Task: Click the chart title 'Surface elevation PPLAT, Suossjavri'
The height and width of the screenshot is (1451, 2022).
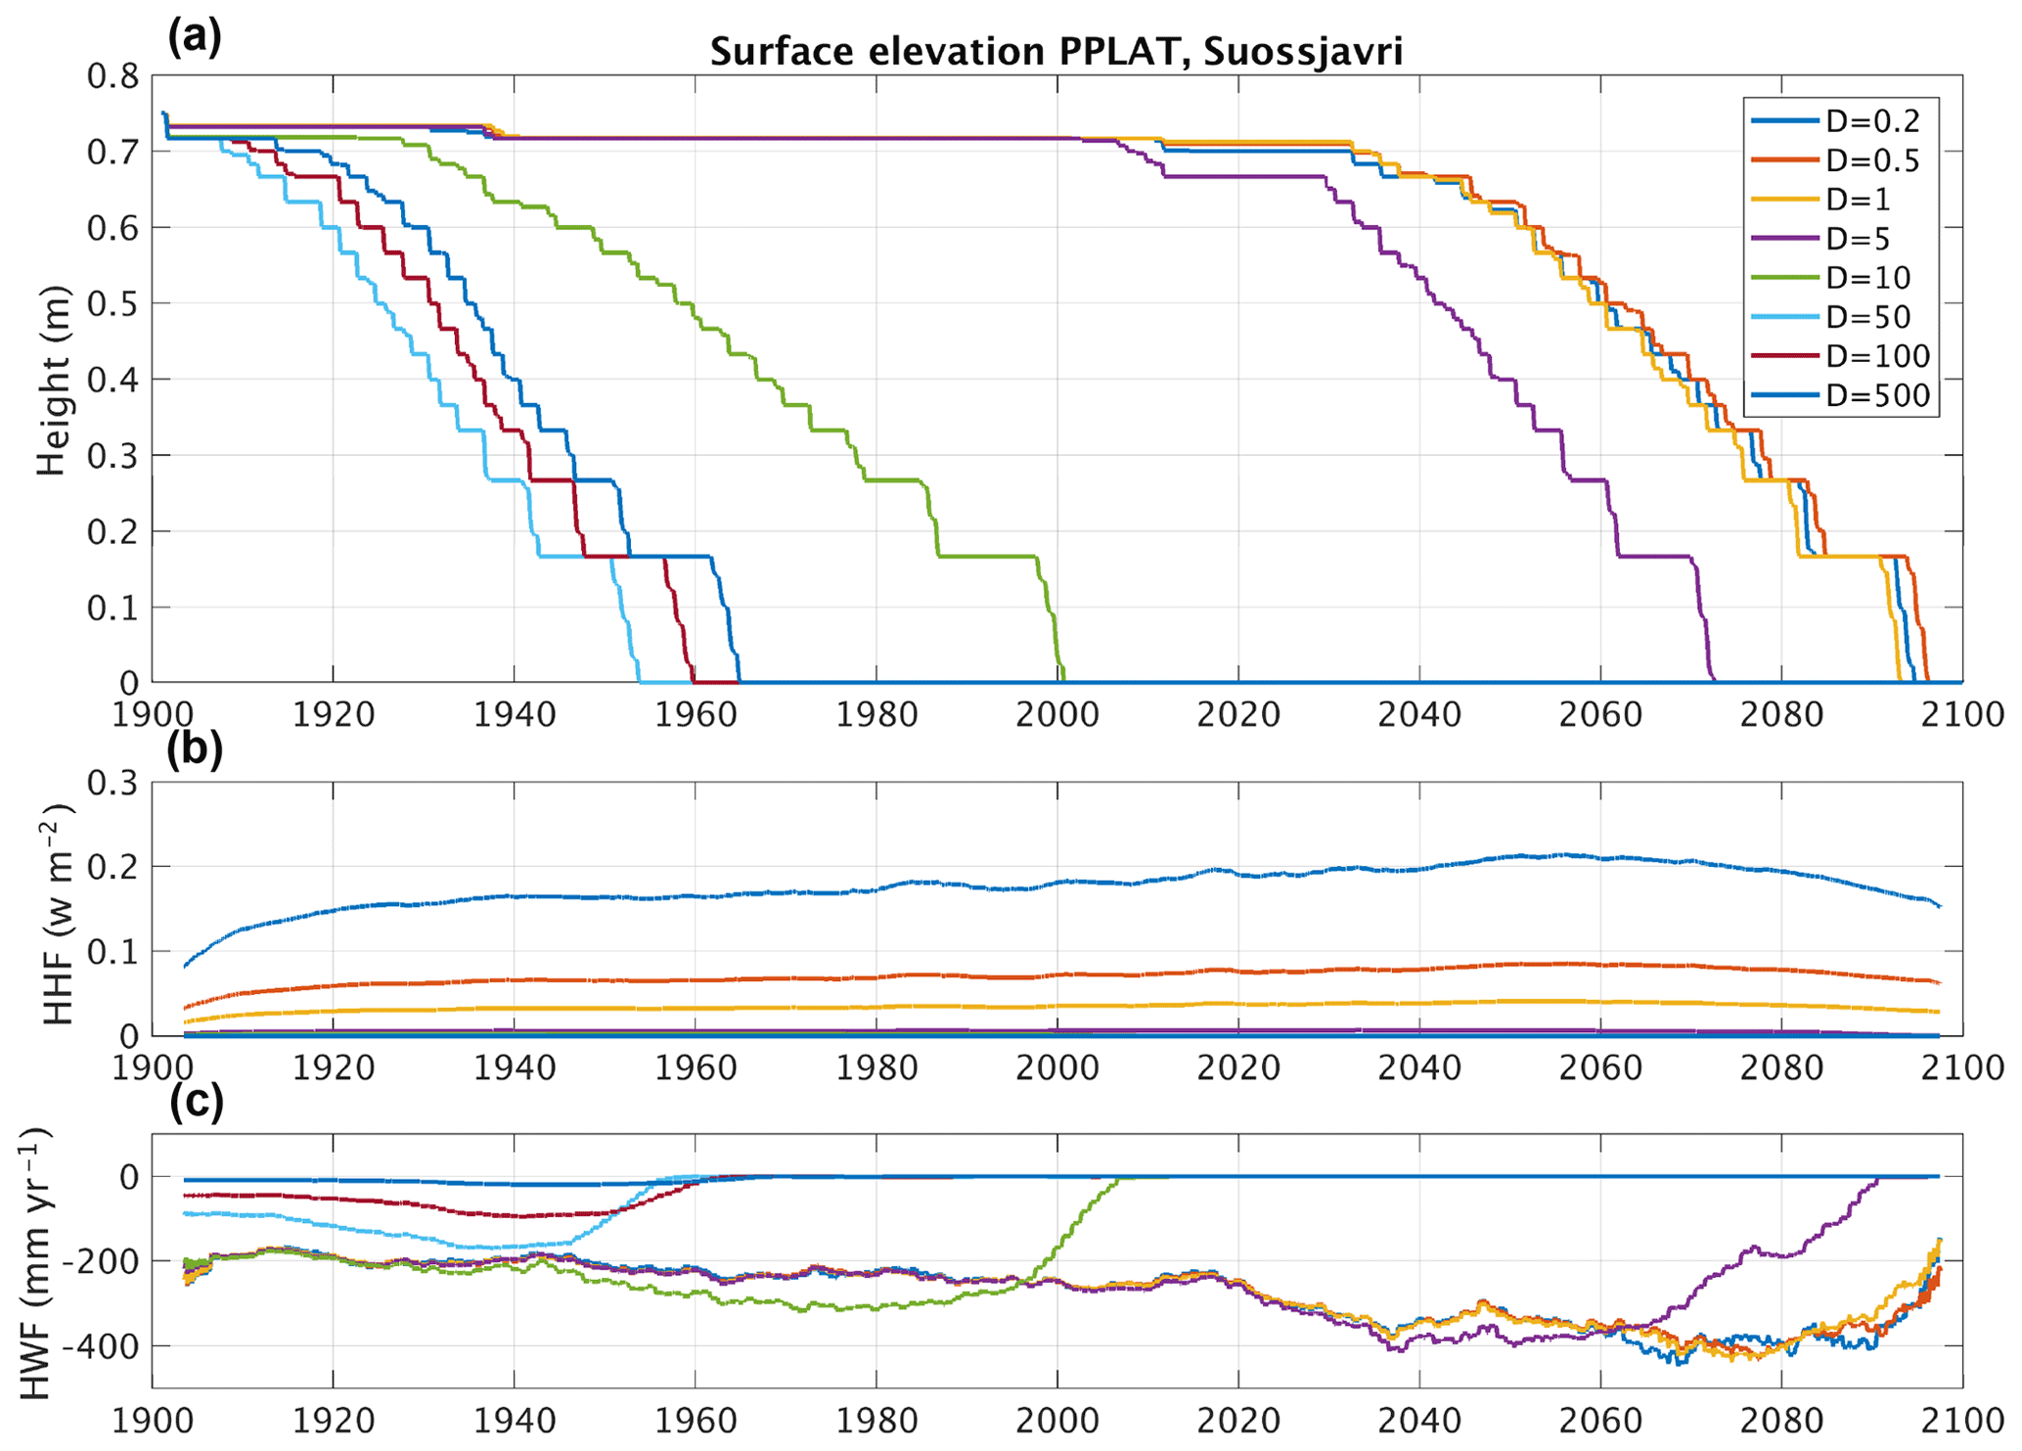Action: click(1056, 51)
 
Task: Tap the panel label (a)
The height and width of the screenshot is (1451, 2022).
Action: click(195, 36)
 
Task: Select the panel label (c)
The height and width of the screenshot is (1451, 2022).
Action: click(196, 1102)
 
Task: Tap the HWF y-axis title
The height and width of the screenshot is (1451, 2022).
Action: click(36, 1263)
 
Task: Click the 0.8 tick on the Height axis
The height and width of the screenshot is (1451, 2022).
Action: click(113, 76)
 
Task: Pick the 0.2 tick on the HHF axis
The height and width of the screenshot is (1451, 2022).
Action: click(113, 867)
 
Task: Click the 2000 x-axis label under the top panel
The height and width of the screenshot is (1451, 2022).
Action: click(1057, 715)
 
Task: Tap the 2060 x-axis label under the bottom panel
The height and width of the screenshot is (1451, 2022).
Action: click(1600, 1422)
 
